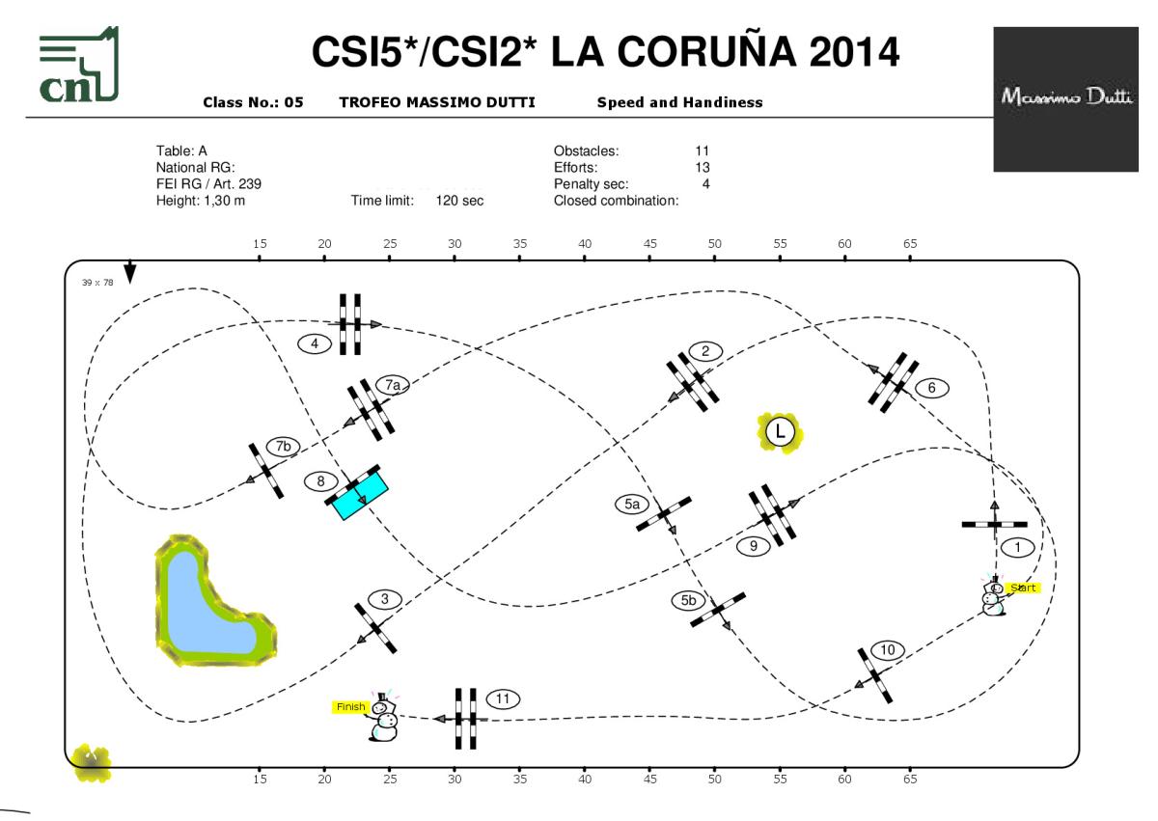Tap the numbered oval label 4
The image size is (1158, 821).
(314, 342)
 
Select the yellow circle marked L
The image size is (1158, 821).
(780, 432)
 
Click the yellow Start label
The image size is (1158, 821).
(1023, 588)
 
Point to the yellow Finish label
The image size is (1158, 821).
(350, 707)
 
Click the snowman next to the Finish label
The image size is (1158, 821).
(384, 719)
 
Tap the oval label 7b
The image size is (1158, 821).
(283, 447)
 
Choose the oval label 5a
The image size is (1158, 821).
(632, 504)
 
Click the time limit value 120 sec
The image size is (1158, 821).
(460, 201)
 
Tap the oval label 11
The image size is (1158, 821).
(503, 698)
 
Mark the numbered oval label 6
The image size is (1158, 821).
(931, 388)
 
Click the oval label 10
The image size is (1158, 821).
(888, 650)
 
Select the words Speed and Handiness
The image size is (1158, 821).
(679, 102)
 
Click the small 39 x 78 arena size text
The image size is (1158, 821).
(96, 283)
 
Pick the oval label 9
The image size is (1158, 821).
(753, 546)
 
